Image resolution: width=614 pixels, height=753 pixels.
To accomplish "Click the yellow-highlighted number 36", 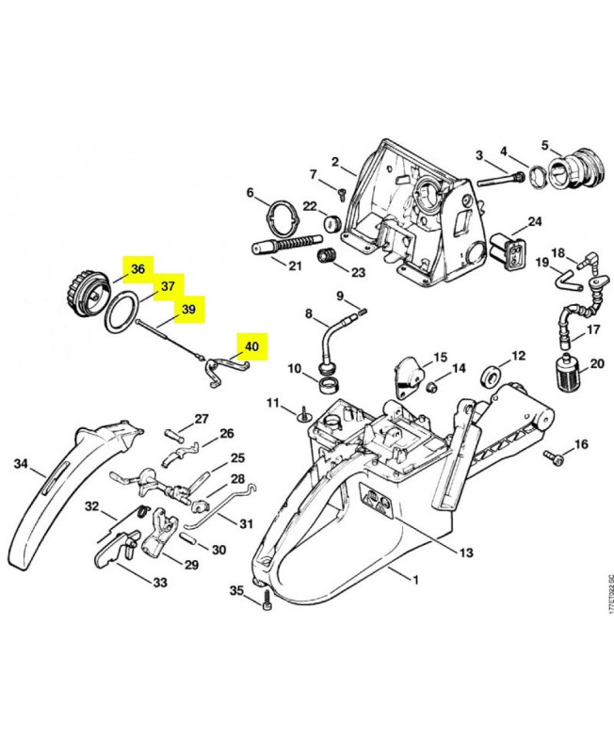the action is (x=137, y=269).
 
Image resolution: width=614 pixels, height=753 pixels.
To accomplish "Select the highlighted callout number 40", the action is (x=251, y=346).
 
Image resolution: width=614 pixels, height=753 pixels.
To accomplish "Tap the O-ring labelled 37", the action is (x=121, y=313).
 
